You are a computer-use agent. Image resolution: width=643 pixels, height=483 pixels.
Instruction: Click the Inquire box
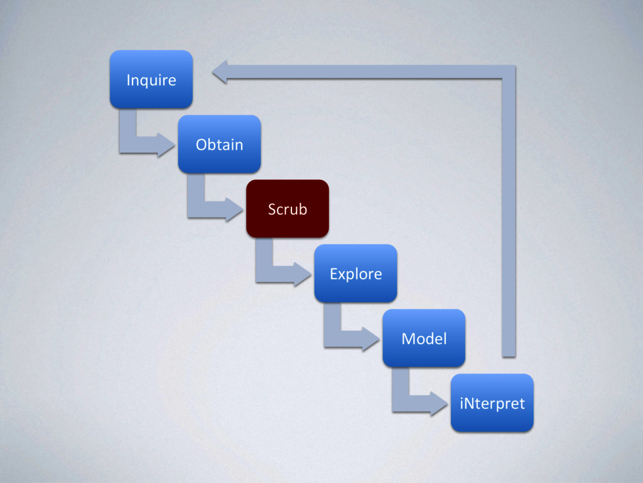151,79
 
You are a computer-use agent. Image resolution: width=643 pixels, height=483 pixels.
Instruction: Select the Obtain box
219,144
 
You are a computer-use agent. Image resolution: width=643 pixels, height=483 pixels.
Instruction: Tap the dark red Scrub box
288,209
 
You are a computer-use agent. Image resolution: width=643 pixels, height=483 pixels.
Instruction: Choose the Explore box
355,274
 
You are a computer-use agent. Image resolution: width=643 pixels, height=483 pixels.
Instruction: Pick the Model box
424,338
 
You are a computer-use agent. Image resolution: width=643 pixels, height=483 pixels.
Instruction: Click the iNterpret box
492,403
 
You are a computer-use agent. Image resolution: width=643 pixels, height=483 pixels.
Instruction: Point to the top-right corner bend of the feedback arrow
509,72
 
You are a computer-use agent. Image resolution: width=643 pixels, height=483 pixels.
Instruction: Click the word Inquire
151,80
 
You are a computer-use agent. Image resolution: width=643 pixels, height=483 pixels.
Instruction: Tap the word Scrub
288,209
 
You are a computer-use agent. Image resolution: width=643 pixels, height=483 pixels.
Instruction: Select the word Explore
355,274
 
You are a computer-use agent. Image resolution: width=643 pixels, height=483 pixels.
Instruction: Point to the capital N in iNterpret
470,403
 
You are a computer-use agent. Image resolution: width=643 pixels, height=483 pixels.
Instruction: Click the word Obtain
219,145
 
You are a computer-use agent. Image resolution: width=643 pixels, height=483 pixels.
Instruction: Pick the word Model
424,339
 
